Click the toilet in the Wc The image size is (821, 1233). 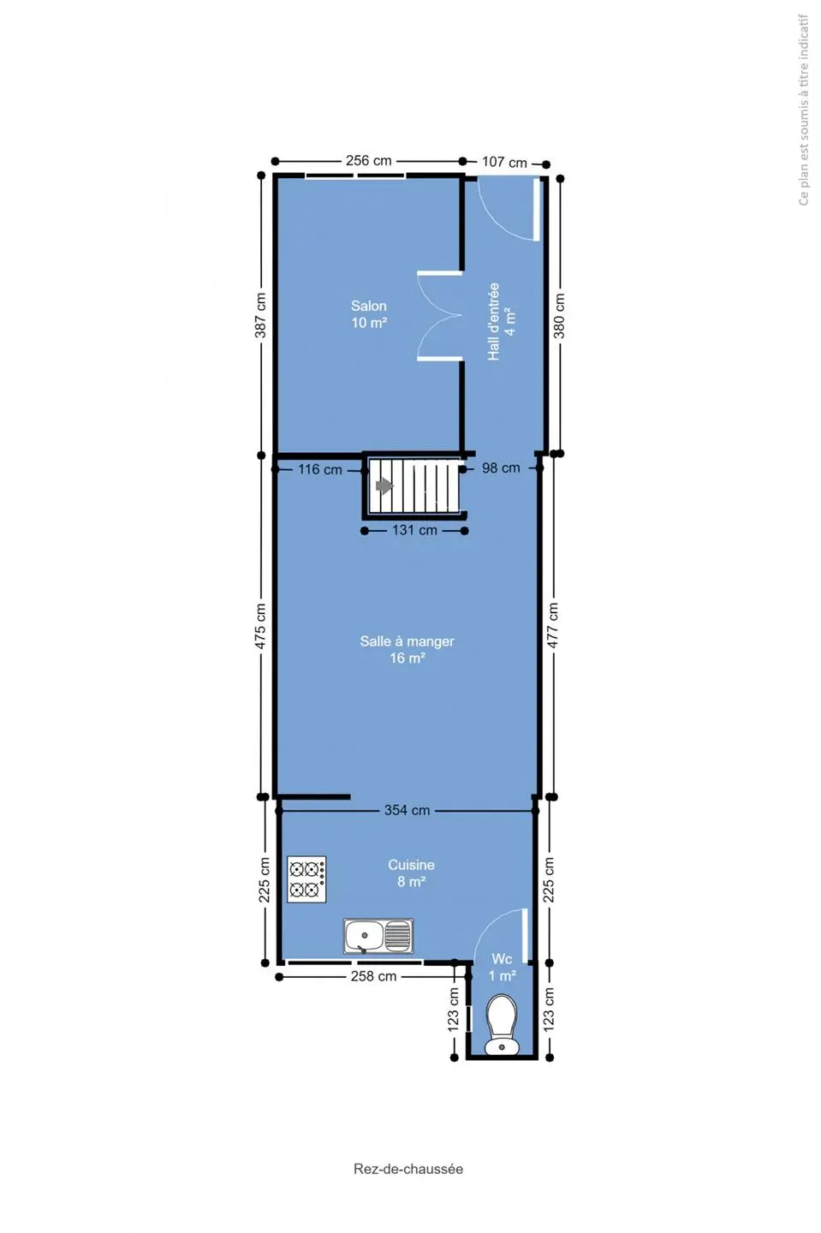tap(502, 1024)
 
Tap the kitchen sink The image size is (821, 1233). tap(378, 936)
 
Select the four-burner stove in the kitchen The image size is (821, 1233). tap(306, 879)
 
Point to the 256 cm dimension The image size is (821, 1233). tap(369, 161)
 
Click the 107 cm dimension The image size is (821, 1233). tap(504, 162)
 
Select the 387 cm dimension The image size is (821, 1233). tap(261, 315)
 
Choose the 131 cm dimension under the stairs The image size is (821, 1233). tap(414, 530)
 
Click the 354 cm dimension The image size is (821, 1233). tap(408, 810)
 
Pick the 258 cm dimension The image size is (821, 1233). tap(373, 976)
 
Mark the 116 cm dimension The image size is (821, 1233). tap(319, 469)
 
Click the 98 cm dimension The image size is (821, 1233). tap(501, 468)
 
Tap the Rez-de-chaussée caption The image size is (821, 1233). tap(408, 1169)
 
